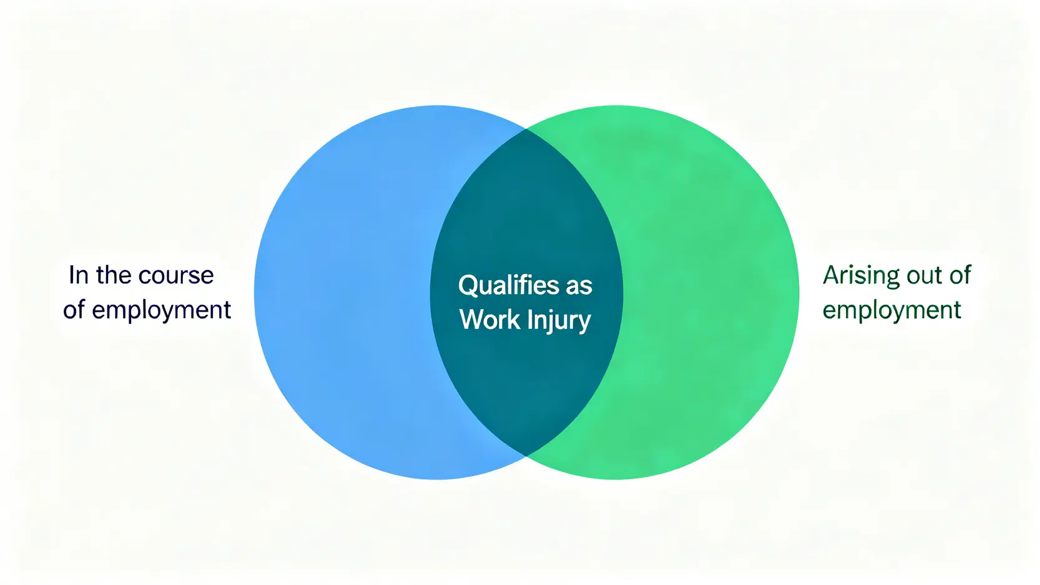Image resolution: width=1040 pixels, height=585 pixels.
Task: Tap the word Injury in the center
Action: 558,320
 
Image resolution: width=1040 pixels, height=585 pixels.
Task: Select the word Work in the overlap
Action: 489,320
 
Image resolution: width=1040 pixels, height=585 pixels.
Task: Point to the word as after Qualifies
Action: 579,287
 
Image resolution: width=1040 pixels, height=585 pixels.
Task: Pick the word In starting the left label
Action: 78,275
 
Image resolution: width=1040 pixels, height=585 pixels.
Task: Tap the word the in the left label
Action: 113,275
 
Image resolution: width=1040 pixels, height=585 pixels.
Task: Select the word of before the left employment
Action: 74,310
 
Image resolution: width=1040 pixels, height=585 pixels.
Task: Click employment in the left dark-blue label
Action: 161,310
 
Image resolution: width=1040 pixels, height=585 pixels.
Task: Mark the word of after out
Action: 960,275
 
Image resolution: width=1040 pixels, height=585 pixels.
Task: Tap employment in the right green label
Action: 891,310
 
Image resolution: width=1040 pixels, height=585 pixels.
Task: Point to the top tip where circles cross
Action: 526,129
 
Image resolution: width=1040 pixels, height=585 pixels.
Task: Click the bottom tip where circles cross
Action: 526,456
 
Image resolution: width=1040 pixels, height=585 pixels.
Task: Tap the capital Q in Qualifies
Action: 468,285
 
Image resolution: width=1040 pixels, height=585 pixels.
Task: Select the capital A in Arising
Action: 831,275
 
